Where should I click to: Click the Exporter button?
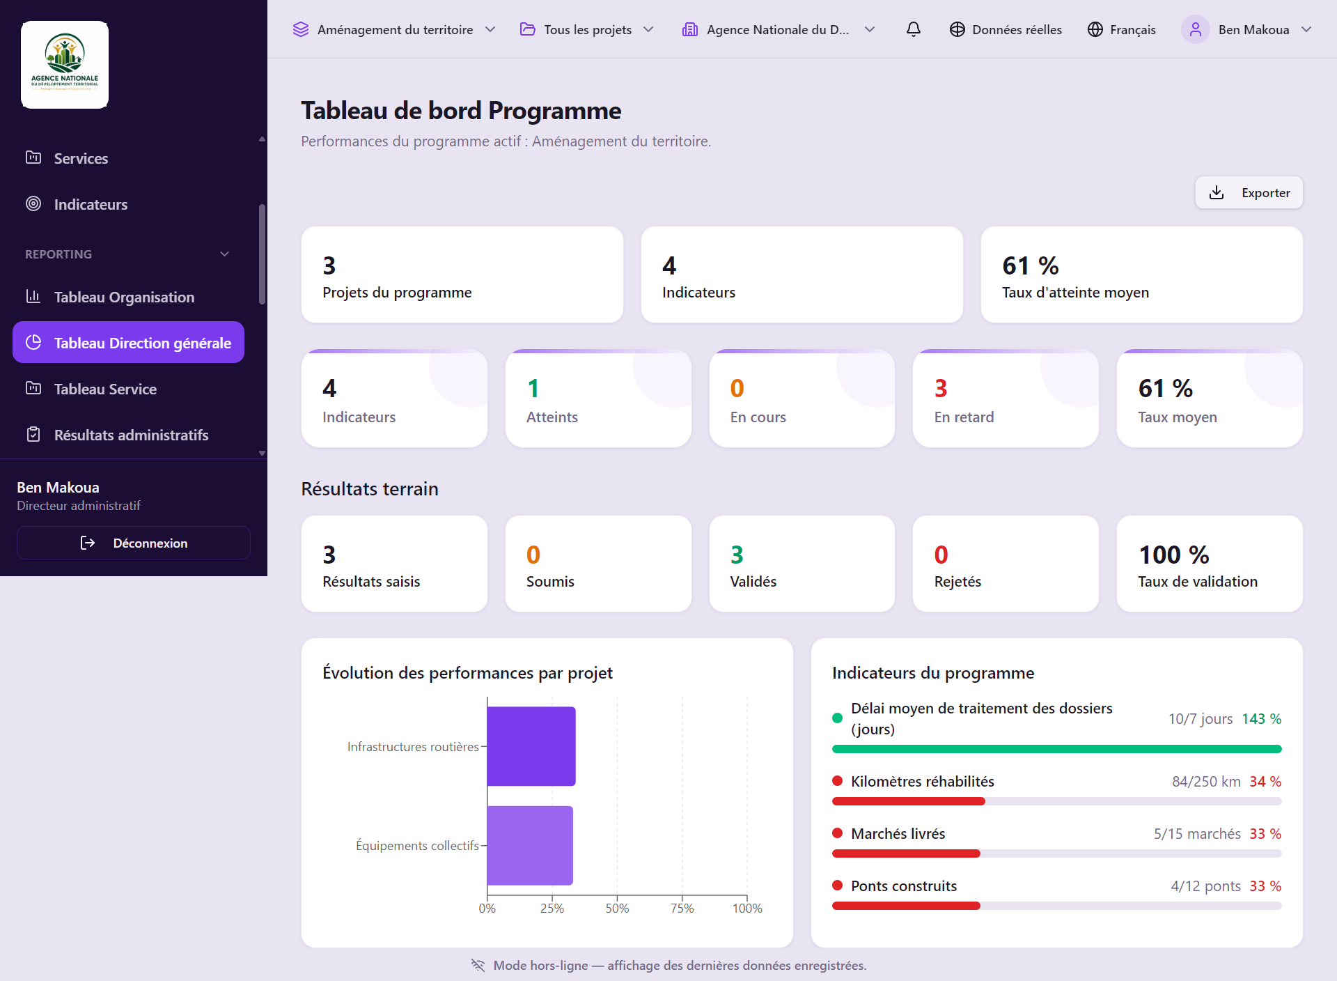click(1249, 192)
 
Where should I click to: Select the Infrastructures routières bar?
click(531, 746)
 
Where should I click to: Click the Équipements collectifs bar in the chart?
click(530, 845)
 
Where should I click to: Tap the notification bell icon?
click(914, 29)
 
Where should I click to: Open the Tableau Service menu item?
click(105, 389)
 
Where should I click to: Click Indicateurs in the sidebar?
click(91, 204)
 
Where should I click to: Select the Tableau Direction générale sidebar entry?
click(128, 342)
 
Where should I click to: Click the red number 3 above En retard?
click(941, 388)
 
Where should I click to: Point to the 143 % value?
click(1261, 718)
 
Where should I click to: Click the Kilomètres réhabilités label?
click(922, 781)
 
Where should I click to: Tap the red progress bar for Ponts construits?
click(906, 906)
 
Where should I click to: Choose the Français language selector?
click(1122, 29)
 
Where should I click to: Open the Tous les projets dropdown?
click(587, 29)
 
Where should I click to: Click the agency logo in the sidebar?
click(65, 65)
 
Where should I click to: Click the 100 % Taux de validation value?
click(1174, 555)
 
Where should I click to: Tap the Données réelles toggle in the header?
click(1006, 29)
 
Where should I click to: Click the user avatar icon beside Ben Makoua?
click(1196, 29)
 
